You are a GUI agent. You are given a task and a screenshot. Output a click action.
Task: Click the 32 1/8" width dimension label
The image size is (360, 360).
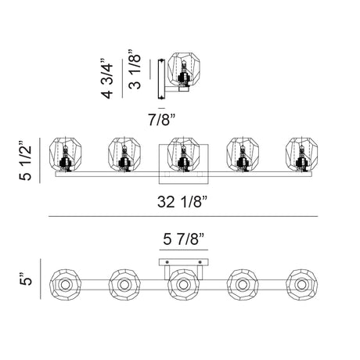[x=182, y=202]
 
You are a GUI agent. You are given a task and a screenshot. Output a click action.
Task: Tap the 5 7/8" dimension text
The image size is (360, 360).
[x=183, y=239]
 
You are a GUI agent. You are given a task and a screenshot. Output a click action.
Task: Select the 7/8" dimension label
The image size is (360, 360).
[x=161, y=120]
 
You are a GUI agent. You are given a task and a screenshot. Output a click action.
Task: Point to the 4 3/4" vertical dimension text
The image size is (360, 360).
[x=107, y=78]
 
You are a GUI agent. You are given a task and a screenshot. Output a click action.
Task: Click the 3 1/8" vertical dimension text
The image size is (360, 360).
[x=135, y=69]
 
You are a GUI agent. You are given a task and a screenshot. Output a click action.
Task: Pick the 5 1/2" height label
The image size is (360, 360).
[x=25, y=160]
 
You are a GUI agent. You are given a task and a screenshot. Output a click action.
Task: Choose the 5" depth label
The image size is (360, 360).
[x=25, y=279]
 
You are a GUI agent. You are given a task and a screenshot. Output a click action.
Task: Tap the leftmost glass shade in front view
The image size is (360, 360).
[x=65, y=153]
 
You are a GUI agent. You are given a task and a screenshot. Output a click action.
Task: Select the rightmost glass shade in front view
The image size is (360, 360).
[x=301, y=153]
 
